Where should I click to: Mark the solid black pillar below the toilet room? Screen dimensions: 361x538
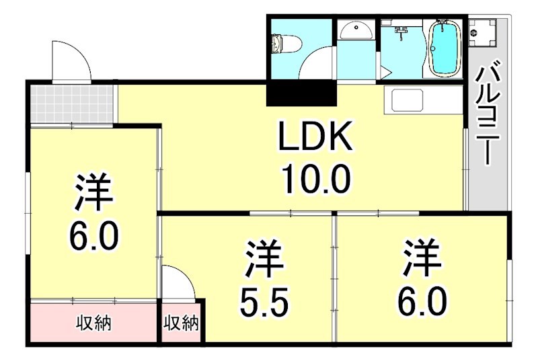[x=301, y=93]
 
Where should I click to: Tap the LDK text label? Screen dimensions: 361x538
[x=315, y=140]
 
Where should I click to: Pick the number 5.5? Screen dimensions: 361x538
[x=264, y=303]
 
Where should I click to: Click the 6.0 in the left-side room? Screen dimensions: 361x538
[x=93, y=235]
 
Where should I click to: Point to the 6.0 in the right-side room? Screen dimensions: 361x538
[x=422, y=302]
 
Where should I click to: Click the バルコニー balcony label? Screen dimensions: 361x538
[x=486, y=114]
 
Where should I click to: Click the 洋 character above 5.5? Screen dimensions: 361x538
[x=263, y=259]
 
